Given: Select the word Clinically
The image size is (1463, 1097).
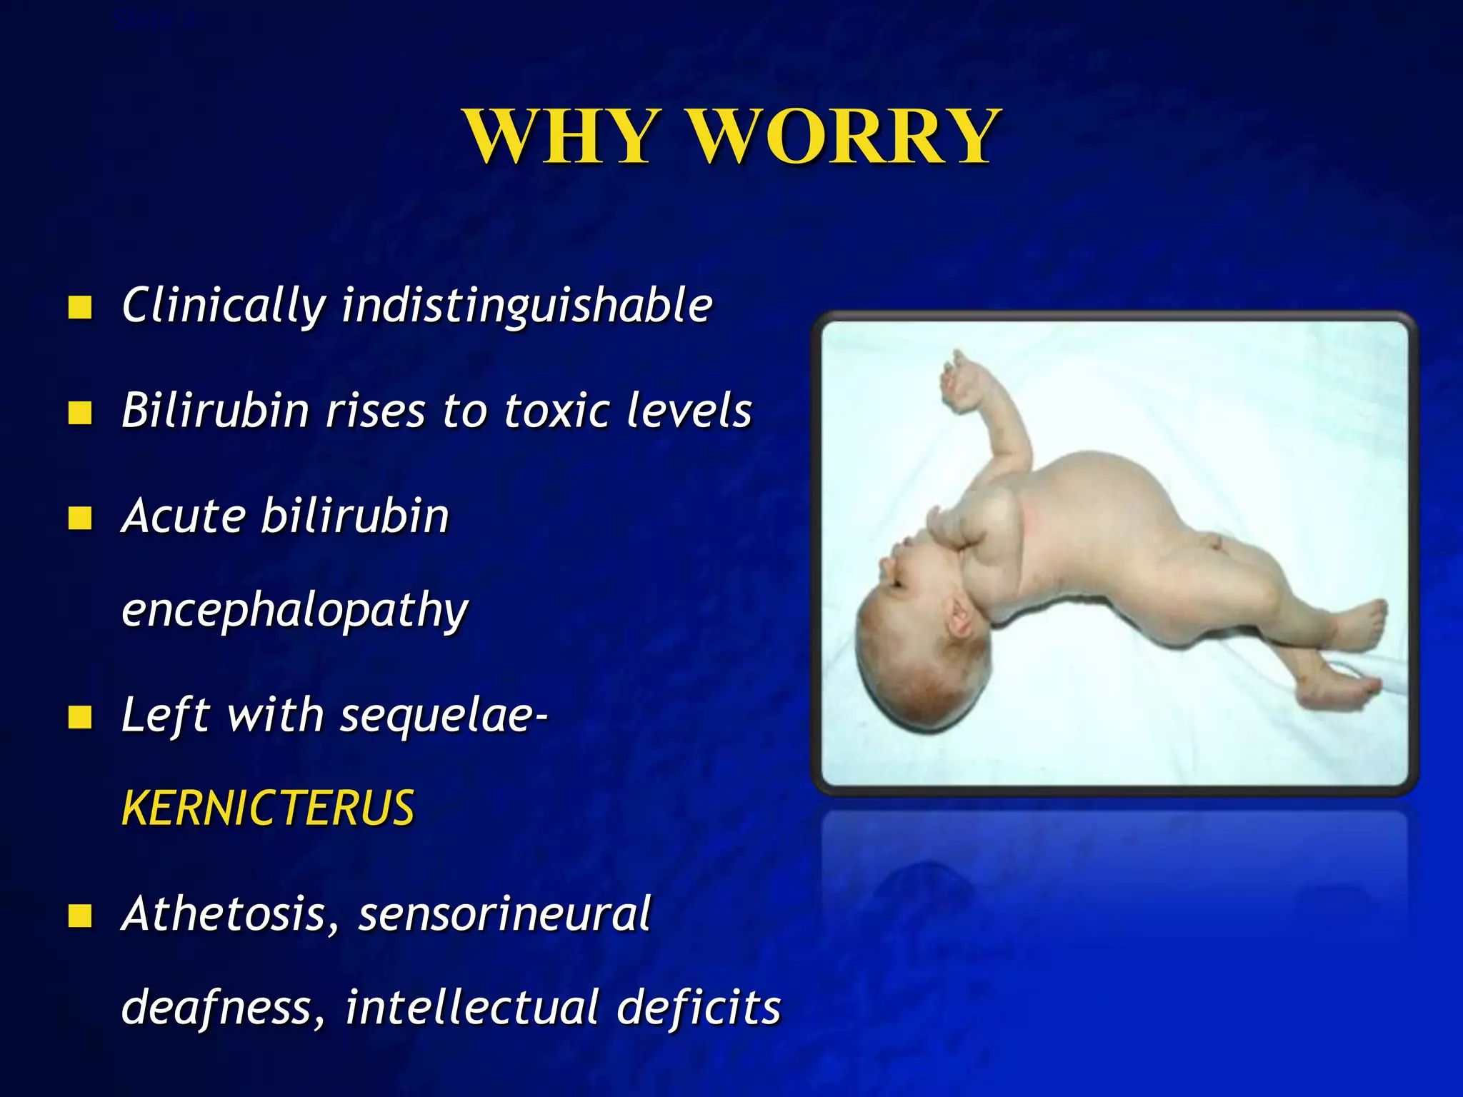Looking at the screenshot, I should click(x=224, y=306).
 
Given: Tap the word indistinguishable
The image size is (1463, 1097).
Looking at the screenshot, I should click(x=527, y=306).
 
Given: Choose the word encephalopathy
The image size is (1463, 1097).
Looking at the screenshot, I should click(x=295, y=611).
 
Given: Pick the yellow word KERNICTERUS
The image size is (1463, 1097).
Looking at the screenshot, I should click(x=268, y=808).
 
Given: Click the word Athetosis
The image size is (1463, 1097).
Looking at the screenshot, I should click(x=224, y=914).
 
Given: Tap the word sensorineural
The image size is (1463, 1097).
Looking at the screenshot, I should click(x=504, y=914).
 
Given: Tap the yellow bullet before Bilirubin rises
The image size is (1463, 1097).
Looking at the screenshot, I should click(x=80, y=412).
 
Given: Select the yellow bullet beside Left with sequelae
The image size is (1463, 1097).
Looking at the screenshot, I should click(x=80, y=716).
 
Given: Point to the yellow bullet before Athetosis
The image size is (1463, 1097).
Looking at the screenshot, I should click(x=80, y=915).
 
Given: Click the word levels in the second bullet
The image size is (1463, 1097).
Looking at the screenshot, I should click(x=689, y=411).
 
